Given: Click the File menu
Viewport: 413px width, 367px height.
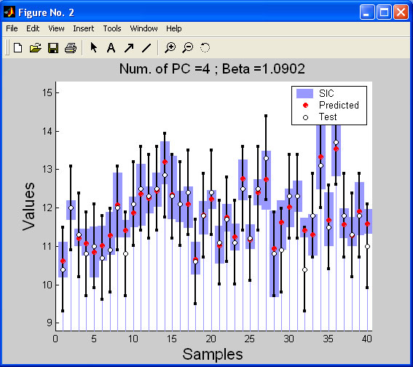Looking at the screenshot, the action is point(12,28).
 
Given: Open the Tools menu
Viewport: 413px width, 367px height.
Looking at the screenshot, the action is point(112,28).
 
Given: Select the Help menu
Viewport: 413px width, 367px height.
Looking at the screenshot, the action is point(174,28).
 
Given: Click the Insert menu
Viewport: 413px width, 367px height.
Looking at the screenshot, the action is point(83,28).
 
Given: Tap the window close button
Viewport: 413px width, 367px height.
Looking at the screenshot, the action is point(401,12).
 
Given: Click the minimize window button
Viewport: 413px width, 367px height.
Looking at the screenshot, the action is point(367,12).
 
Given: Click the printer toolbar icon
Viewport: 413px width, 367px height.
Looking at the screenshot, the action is point(71,48).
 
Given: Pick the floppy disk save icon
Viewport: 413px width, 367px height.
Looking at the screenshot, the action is point(53,48).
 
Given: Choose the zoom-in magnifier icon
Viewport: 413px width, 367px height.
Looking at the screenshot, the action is point(170,48).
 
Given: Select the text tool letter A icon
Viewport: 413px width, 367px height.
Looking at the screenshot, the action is point(111,48).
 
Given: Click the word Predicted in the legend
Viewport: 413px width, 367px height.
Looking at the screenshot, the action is point(339,105).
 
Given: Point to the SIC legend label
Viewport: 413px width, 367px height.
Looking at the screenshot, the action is point(326,93).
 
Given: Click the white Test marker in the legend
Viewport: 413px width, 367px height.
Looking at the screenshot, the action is point(305,117).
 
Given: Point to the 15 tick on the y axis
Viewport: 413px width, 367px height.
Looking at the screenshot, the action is point(47,92).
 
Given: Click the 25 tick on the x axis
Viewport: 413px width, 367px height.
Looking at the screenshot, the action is point(249,339).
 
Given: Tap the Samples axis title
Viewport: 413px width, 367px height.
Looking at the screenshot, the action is point(213,354).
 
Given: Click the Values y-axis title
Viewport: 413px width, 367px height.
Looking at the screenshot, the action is point(28,206).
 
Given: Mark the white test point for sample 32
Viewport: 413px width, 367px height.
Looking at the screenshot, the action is point(304,270).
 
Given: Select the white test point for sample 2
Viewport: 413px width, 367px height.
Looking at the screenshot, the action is point(71,208).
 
